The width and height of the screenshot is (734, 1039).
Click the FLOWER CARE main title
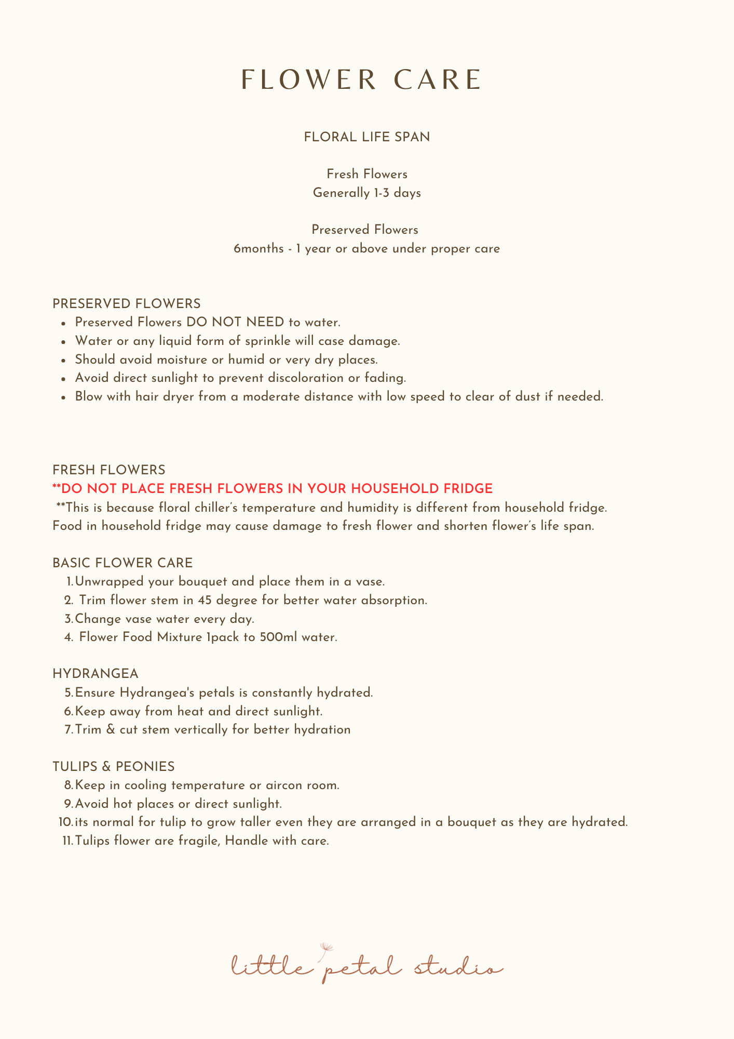tap(362, 80)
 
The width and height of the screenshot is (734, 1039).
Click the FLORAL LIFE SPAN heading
tap(366, 137)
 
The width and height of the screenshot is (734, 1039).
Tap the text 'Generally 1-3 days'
tap(366, 193)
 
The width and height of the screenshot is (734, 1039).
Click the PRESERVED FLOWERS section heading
tap(126, 304)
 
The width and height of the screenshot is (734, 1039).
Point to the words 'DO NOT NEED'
tap(235, 323)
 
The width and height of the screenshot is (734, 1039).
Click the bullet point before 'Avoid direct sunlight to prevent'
tap(63, 379)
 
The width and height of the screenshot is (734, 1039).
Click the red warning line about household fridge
tap(273, 489)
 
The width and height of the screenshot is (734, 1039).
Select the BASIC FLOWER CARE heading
tap(123, 563)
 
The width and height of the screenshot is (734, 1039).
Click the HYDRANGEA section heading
tap(96, 674)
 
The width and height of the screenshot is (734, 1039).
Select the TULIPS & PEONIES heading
tap(113, 767)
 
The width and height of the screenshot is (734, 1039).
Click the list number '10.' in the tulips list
tap(66, 822)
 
